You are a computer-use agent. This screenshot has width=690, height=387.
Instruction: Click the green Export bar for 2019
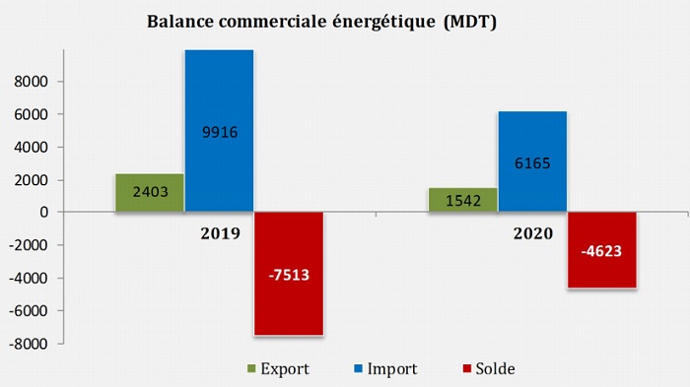tap(150, 193)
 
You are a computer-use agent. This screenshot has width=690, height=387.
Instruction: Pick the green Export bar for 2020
tap(461, 200)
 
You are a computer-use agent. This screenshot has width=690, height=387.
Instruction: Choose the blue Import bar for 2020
tap(531, 161)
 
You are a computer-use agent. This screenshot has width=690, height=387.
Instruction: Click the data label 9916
tap(219, 132)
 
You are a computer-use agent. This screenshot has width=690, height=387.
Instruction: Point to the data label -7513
tap(289, 275)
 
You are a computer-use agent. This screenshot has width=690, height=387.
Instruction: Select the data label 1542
tap(461, 201)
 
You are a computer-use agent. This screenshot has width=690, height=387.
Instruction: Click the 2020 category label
tap(532, 234)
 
